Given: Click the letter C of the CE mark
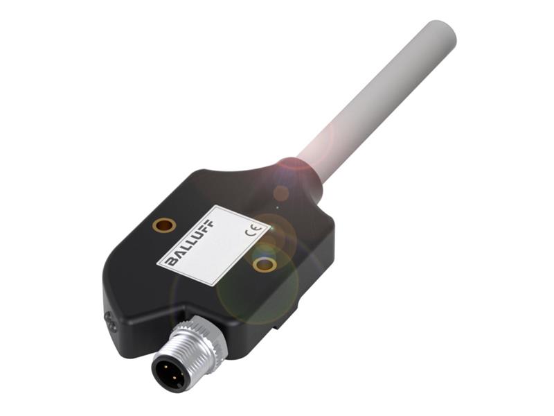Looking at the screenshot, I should (250, 236).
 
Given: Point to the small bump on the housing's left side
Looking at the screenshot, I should (109, 320).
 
